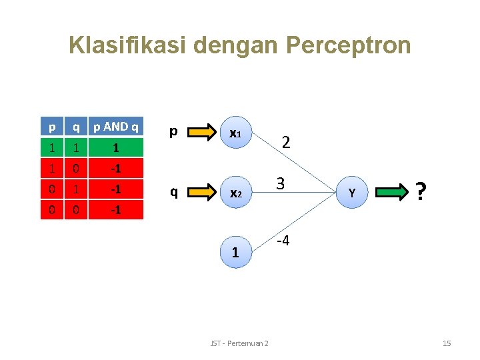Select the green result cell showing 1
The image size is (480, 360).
116,147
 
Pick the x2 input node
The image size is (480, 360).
235,193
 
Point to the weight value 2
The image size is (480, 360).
285,141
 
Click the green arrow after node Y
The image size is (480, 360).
393,193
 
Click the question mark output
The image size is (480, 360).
421,192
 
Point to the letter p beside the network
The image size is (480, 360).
173,131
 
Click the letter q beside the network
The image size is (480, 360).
173,193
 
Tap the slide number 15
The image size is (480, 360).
447,343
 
